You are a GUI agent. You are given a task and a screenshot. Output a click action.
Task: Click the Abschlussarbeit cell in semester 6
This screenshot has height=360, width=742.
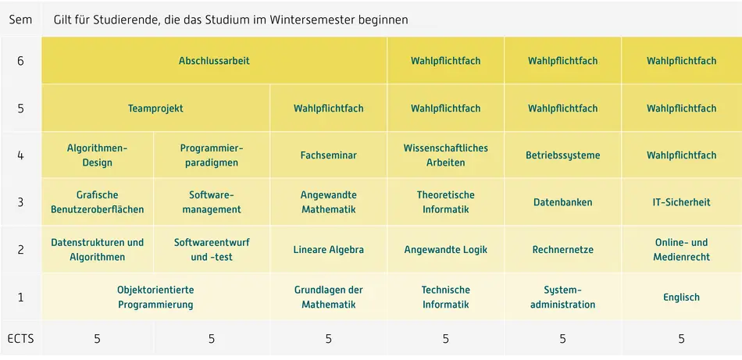point(214,61)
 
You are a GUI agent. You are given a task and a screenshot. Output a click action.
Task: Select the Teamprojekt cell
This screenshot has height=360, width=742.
point(155,109)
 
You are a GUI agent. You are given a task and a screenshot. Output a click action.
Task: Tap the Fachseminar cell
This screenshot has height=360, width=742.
point(328,155)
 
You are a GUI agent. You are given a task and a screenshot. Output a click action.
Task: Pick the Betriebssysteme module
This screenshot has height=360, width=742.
point(562,155)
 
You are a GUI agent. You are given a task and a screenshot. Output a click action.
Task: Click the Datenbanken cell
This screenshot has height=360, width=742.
point(562,202)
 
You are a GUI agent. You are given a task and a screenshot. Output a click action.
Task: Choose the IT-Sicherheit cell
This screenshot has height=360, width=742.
point(681,202)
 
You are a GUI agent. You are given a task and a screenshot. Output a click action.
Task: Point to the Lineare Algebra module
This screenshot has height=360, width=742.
point(328,250)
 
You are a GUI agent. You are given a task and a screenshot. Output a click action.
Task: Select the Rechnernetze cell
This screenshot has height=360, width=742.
point(562,250)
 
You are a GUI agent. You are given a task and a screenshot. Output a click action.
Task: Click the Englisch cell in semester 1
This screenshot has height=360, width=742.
point(681,298)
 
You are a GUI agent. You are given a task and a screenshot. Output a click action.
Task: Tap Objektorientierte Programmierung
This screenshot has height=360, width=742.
point(155,298)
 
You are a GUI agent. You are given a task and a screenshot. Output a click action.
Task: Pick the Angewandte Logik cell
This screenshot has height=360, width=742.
point(445,250)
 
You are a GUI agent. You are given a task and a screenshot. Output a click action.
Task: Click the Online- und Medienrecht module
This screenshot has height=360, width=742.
point(681,250)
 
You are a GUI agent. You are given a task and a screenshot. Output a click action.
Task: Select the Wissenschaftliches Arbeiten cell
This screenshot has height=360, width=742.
point(445,155)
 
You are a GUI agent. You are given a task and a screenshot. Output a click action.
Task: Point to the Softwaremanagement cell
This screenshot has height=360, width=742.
point(212,202)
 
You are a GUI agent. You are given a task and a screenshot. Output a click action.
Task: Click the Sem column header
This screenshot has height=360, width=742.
point(20,20)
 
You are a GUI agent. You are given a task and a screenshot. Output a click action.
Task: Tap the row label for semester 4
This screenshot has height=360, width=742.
point(20,155)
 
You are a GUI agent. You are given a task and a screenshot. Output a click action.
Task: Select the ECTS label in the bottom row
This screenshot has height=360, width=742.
point(20,339)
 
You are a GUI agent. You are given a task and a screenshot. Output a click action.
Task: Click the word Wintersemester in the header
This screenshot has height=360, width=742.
point(309,20)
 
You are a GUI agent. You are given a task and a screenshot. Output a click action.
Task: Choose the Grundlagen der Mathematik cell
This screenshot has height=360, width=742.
point(328,298)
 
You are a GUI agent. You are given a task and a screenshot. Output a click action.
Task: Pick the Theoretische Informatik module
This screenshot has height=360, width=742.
point(445,202)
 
